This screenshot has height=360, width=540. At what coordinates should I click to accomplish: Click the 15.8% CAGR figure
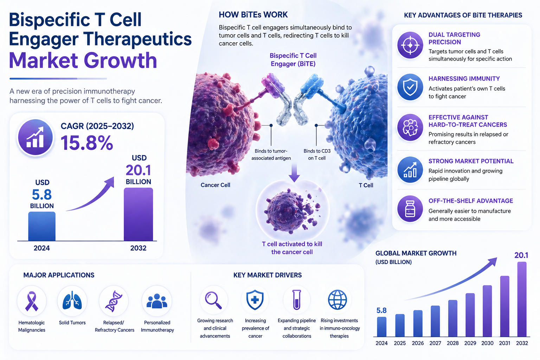pyautogui.click(x=87, y=143)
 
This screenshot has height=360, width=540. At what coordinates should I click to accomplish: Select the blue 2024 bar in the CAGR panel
pyautogui.click(x=42, y=226)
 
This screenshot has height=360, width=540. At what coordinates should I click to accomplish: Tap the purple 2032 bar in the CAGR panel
pyautogui.click(x=138, y=214)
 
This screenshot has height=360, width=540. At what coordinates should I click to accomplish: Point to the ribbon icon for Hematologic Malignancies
pyautogui.click(x=32, y=301)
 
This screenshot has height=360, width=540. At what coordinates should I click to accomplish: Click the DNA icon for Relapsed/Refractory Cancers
pyautogui.click(x=114, y=301)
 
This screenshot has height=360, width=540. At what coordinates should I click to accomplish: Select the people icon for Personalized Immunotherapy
pyautogui.click(x=157, y=301)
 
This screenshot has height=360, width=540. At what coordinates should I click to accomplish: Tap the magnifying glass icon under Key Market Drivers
pyautogui.click(x=213, y=300)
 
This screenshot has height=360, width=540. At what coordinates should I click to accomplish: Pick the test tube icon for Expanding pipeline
pyautogui.click(x=297, y=300)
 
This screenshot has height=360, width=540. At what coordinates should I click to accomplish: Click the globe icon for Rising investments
pyautogui.click(x=337, y=300)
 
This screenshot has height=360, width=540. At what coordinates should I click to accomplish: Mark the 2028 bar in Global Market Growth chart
pyautogui.click(x=453, y=319)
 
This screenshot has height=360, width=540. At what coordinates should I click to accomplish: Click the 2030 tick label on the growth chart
pyautogui.click(x=487, y=343)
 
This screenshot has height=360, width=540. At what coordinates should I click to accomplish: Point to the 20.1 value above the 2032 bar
pyautogui.click(x=521, y=255)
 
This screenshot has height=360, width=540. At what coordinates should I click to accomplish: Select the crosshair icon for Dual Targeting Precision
pyautogui.click(x=410, y=45)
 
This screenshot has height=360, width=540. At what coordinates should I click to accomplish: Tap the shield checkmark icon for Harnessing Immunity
pyautogui.click(x=410, y=87)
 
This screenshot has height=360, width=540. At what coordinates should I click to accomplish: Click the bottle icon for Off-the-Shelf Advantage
pyautogui.click(x=410, y=209)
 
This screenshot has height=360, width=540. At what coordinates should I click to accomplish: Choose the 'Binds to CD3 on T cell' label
pyautogui.click(x=317, y=154)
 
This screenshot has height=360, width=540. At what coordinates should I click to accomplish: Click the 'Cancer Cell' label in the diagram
pyautogui.click(x=215, y=185)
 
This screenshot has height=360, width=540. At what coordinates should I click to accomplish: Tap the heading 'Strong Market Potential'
pyautogui.click(x=471, y=161)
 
